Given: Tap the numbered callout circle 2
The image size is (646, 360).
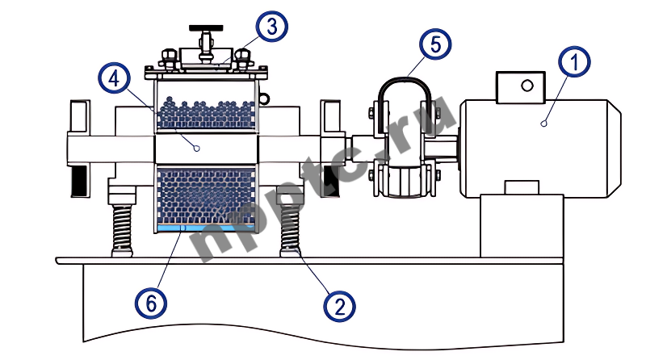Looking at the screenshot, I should click(339, 304).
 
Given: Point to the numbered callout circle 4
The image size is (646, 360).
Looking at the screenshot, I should click(113, 79).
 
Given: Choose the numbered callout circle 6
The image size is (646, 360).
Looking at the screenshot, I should click(150, 303).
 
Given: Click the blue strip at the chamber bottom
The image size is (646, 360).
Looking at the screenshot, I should click(205, 228).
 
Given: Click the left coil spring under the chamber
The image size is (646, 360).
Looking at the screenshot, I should click(121, 228).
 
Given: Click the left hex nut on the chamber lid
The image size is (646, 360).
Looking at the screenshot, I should click(170, 57).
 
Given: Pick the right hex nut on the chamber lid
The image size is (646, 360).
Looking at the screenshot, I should click(241, 57).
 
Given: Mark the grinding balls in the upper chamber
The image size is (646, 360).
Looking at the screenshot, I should click(205, 113).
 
